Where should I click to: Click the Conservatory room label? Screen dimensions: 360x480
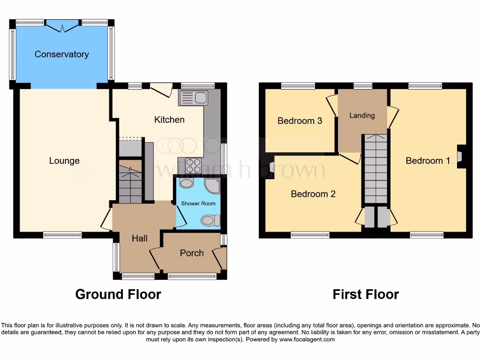click(x=61, y=54)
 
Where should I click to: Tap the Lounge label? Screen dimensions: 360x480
click(x=64, y=161)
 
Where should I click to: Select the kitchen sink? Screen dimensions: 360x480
click(x=194, y=98)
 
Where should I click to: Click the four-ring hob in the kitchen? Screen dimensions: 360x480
click(x=194, y=165)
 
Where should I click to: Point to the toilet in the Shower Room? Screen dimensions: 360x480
click(x=209, y=220)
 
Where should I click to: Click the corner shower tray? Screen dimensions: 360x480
click(x=213, y=186)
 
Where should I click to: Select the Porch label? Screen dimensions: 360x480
click(x=192, y=253)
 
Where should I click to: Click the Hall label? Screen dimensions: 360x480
click(x=139, y=239)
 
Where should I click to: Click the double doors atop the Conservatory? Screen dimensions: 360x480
click(x=63, y=26)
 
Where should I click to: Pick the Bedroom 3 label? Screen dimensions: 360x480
click(x=300, y=121)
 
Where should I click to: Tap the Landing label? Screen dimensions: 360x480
click(x=362, y=115)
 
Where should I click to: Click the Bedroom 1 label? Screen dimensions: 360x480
click(x=427, y=161)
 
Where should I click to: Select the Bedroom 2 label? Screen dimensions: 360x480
click(x=313, y=194)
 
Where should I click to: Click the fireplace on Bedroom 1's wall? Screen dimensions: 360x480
click(x=460, y=156)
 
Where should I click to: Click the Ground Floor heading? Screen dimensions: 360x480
click(x=118, y=294)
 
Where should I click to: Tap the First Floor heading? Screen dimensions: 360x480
click(x=366, y=294)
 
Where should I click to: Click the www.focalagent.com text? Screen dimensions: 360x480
click(x=307, y=339)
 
